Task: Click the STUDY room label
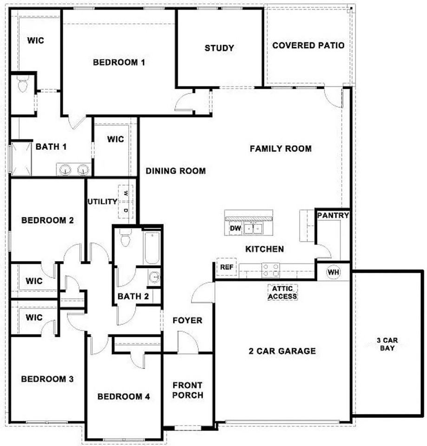click(x=219, y=48)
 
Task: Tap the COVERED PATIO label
click(x=308, y=46)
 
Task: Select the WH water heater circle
click(x=333, y=271)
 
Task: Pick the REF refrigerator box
click(x=226, y=268)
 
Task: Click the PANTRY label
click(x=333, y=216)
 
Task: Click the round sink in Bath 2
click(x=154, y=277)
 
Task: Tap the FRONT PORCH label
click(x=187, y=390)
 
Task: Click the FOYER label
click(x=187, y=321)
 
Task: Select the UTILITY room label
click(x=102, y=202)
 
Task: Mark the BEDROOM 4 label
click(x=123, y=397)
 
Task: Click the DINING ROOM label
click(x=176, y=171)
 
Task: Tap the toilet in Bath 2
click(x=125, y=239)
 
